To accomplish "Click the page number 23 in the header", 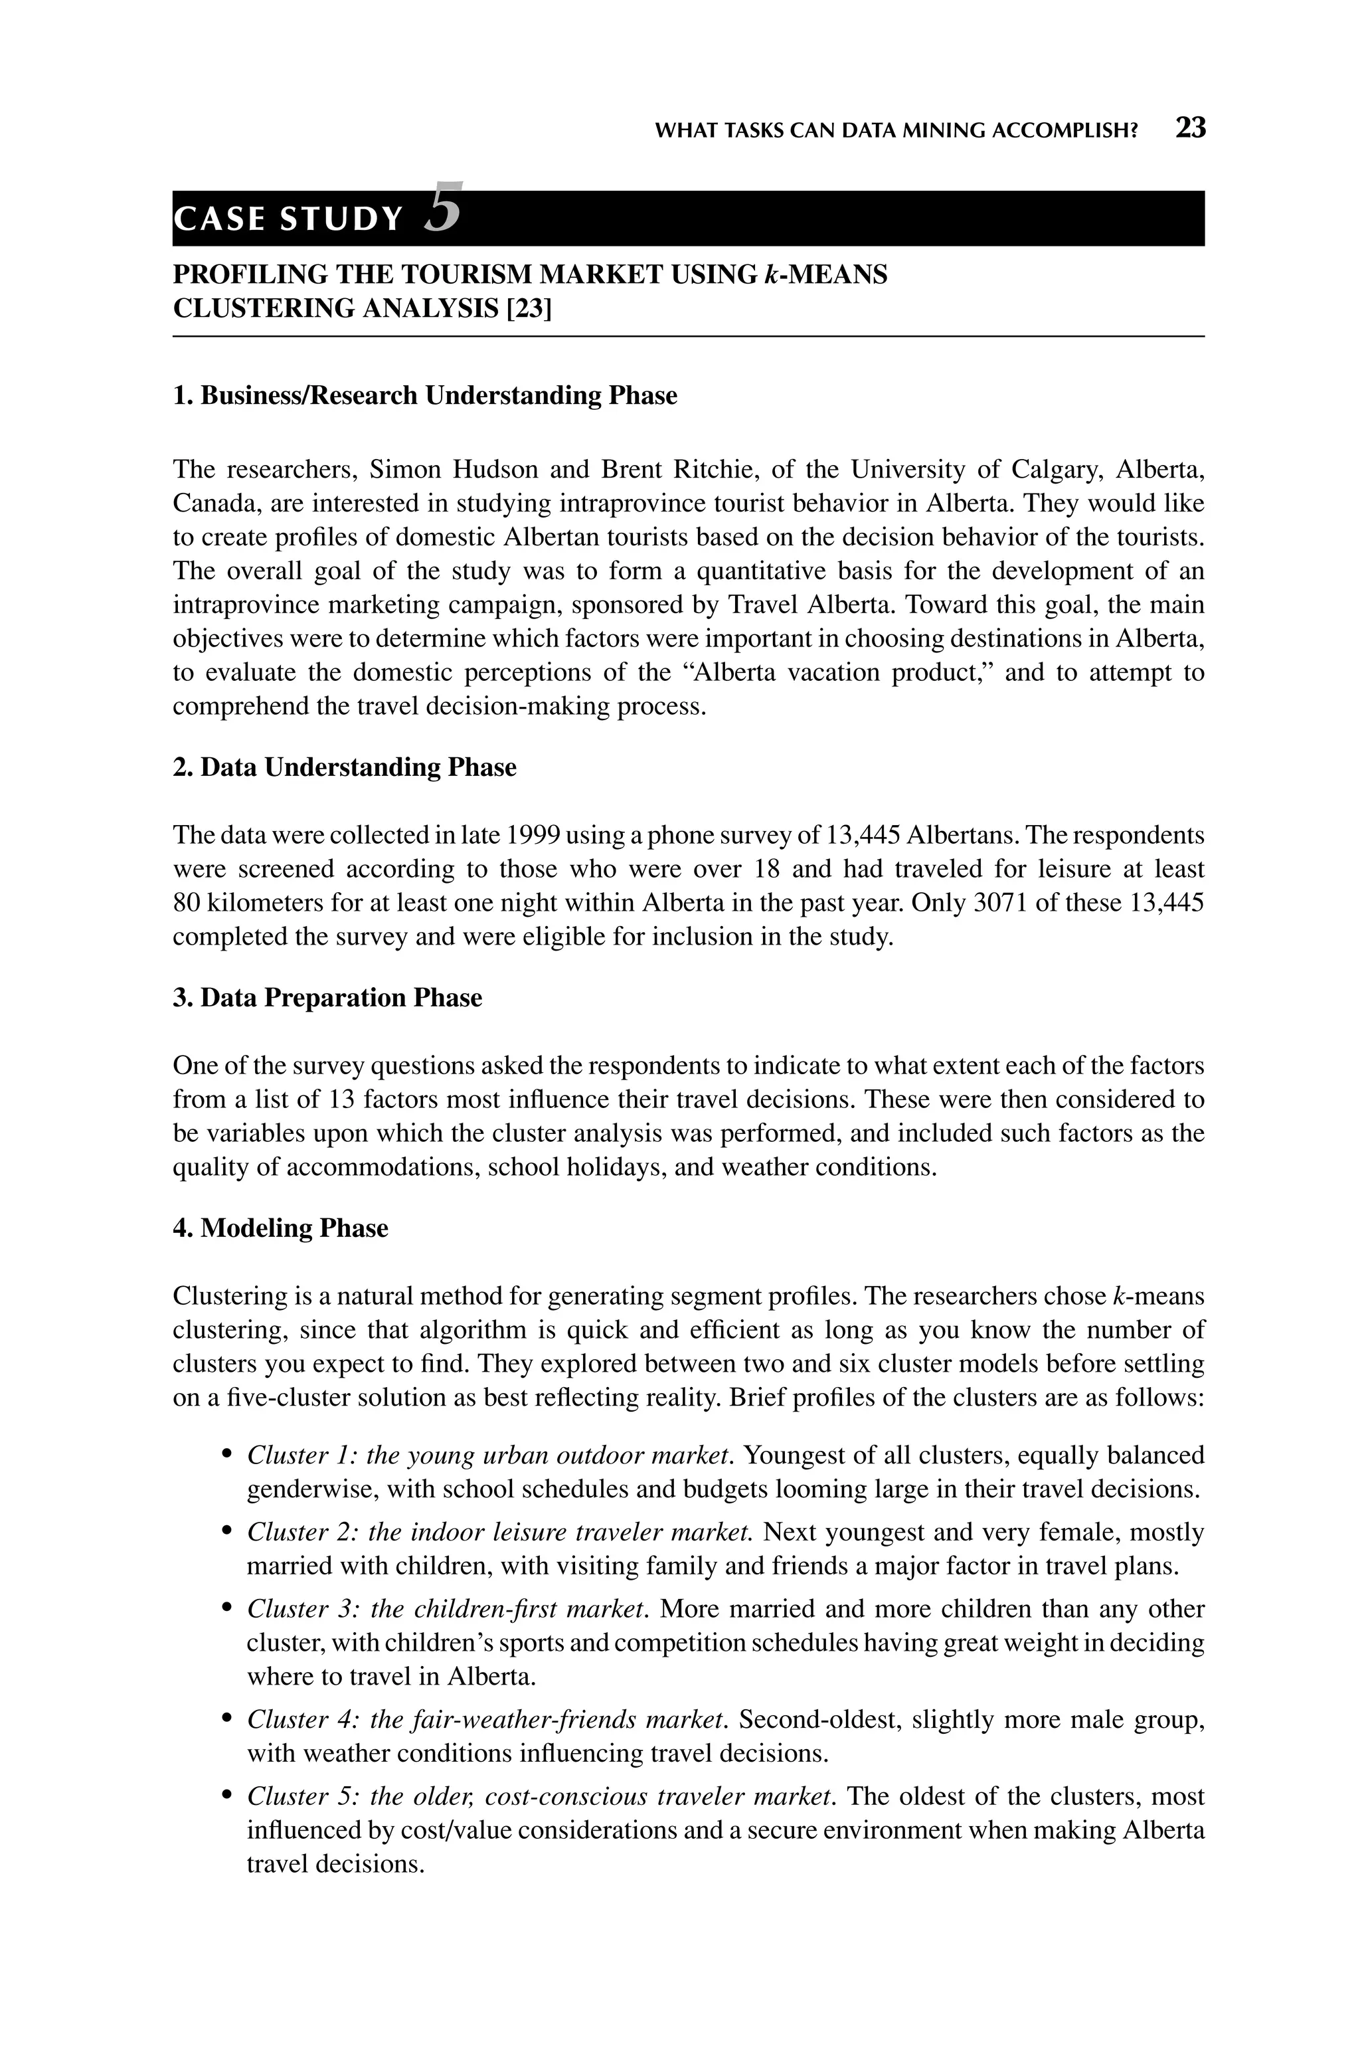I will (x=1190, y=128).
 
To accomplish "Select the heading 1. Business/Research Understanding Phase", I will (x=425, y=395).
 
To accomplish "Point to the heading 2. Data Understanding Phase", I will (x=345, y=768).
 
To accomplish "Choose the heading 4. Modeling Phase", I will (x=280, y=1228).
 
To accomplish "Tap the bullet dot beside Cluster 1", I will (x=227, y=1453).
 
